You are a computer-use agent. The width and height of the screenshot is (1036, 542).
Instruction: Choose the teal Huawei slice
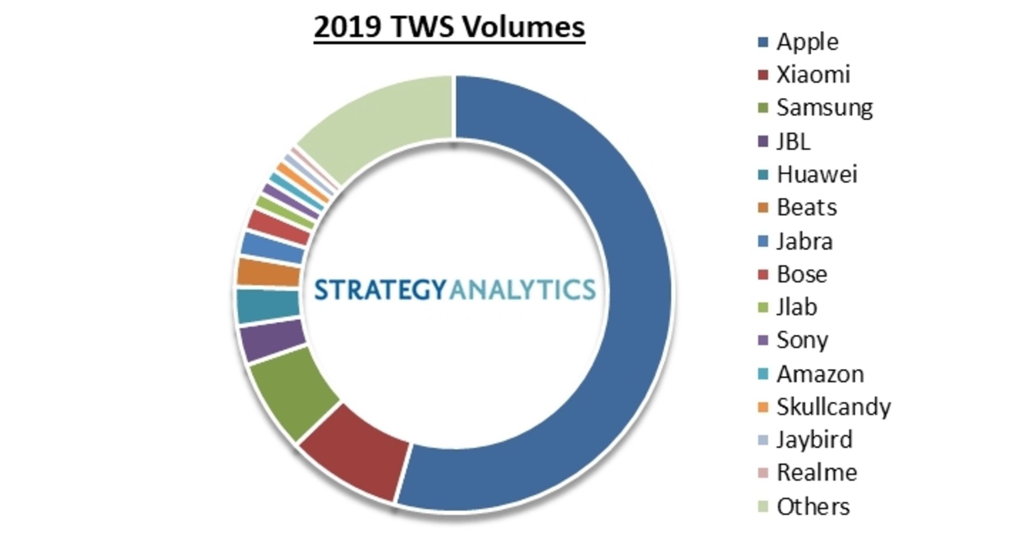pyautogui.click(x=268, y=306)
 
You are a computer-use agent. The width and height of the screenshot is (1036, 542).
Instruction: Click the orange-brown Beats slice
pyautogui.click(x=268, y=273)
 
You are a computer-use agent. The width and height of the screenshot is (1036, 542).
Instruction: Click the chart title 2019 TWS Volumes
pyautogui.click(x=449, y=27)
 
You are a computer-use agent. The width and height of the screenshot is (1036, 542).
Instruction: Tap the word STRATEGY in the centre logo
pyautogui.click(x=380, y=290)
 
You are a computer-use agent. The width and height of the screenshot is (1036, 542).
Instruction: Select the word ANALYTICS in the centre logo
pyautogui.click(x=522, y=290)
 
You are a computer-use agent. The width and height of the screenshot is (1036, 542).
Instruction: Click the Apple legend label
pyautogui.click(x=807, y=42)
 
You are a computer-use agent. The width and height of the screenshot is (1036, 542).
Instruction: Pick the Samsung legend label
pyautogui.click(x=824, y=108)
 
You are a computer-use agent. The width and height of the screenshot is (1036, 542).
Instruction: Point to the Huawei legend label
pyautogui.click(x=816, y=174)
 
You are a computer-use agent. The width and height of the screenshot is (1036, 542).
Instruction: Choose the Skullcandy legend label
pyautogui.click(x=833, y=407)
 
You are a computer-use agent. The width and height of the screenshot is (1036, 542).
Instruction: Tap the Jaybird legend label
pyautogui.click(x=814, y=440)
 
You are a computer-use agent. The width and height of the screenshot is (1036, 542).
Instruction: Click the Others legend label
pyautogui.click(x=813, y=507)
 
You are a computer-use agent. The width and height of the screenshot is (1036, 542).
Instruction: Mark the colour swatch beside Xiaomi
pyautogui.click(x=762, y=75)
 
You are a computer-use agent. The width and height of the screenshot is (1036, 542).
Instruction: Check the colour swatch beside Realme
pyautogui.click(x=762, y=473)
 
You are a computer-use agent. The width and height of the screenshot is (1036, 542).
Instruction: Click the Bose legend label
pyautogui.click(x=801, y=274)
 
